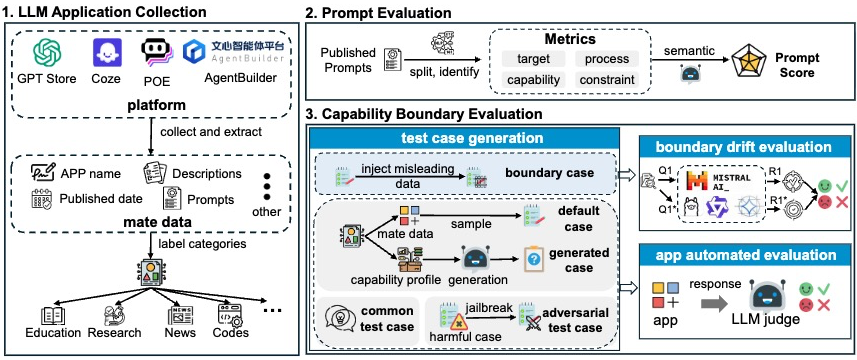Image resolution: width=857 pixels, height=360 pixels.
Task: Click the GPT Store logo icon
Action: pyautogui.click(x=48, y=54)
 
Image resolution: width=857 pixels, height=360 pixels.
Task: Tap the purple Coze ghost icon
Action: pyautogui.click(x=107, y=53)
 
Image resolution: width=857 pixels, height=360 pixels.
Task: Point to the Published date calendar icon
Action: pyautogui.click(x=43, y=199)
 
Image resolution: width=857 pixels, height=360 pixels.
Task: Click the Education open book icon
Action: pyautogui.click(x=53, y=315)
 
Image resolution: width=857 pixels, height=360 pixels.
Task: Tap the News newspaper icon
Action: pyautogui.click(x=181, y=315)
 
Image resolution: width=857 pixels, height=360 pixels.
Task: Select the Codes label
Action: pyautogui.click(x=231, y=333)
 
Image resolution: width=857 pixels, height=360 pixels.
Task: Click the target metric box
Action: pyautogui.click(x=533, y=59)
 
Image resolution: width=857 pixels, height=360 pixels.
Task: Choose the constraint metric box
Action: pyautogui.click(x=607, y=80)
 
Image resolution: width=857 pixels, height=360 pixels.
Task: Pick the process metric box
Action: pyautogui.click(x=607, y=59)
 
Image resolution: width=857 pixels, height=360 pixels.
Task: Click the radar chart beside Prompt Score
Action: pyautogui.click(x=749, y=63)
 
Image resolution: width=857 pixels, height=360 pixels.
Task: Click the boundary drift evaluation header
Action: pyautogui.click(x=744, y=146)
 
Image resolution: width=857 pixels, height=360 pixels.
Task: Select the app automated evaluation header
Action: pyautogui.click(x=744, y=255)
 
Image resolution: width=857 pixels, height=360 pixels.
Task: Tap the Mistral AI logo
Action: pyautogui.click(x=724, y=181)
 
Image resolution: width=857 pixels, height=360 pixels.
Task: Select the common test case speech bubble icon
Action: pyautogui.click(x=340, y=318)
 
